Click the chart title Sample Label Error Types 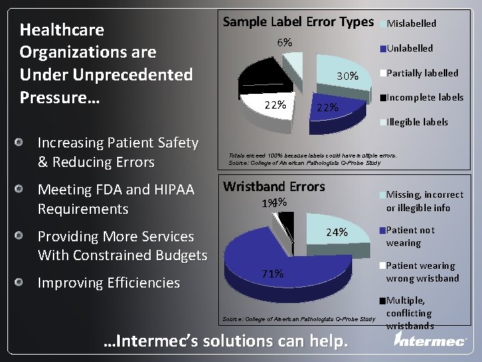[297, 21]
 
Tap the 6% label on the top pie [285, 42]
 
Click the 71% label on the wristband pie [272, 274]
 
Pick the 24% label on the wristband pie [337, 233]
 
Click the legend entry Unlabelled [409, 48]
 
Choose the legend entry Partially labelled [422, 73]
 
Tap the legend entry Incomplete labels [424, 97]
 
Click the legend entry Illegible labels [417, 122]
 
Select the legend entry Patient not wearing [410, 236]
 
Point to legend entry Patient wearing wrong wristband [422, 271]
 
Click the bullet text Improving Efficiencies [108, 283]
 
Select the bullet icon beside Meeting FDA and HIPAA [21, 190]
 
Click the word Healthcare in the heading [62, 30]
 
